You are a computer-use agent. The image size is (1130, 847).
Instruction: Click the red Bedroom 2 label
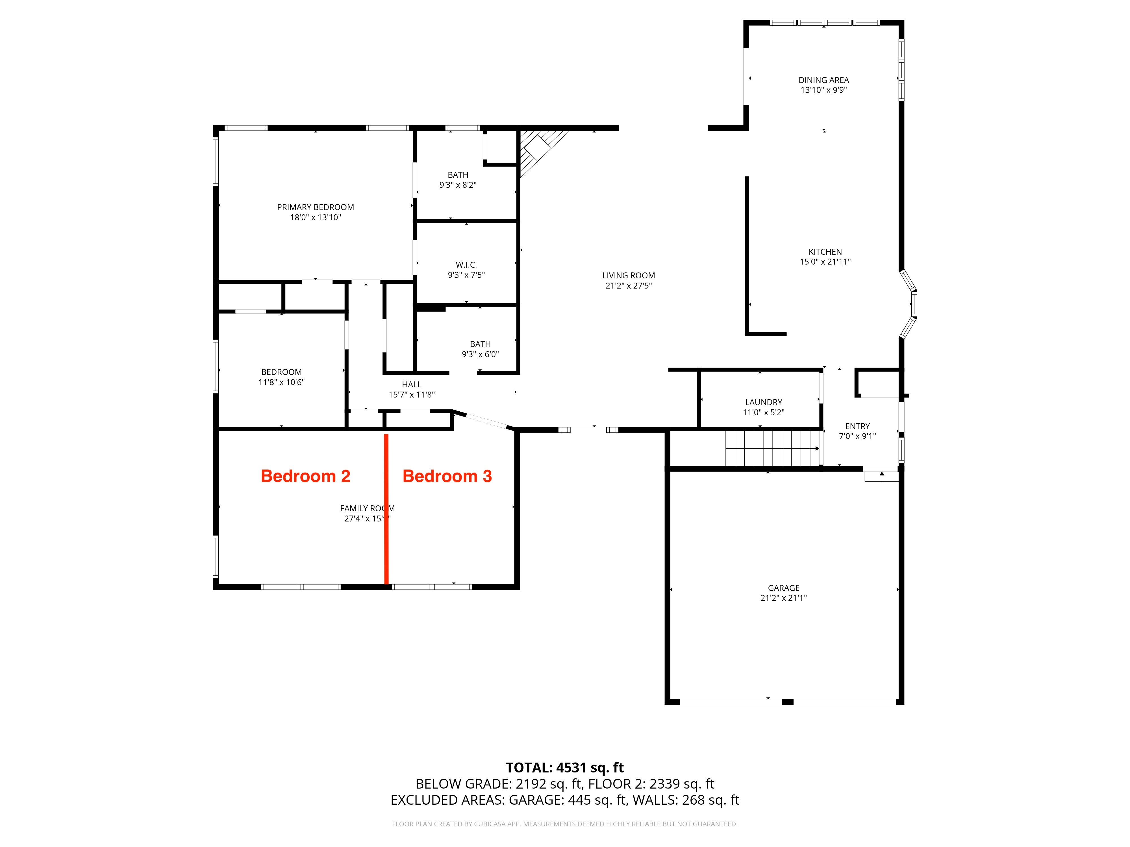[x=305, y=476]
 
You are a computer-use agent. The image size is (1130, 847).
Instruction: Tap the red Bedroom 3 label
[x=447, y=476]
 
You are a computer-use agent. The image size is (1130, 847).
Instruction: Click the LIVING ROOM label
[x=628, y=276]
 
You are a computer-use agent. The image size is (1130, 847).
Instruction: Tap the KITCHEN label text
[x=825, y=252]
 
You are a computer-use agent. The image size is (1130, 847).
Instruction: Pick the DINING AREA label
[x=823, y=80]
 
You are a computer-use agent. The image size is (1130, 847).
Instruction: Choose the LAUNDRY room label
[x=763, y=402]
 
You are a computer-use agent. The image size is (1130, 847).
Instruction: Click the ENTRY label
[x=857, y=426]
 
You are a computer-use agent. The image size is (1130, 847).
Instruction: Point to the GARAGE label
[x=784, y=588]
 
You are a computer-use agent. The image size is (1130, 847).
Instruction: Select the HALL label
[x=412, y=385]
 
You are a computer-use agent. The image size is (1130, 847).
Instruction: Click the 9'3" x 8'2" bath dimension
[x=458, y=185]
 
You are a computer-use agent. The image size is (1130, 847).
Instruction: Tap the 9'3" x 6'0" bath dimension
[x=480, y=354]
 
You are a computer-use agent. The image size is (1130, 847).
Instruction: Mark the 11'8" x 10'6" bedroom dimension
[x=281, y=382]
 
